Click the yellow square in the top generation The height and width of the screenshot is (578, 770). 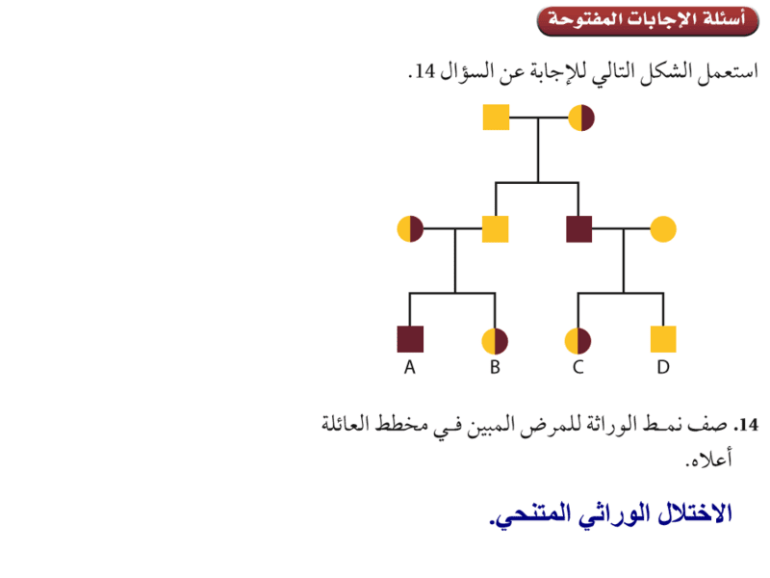point(496,118)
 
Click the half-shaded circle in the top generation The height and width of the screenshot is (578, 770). point(581,118)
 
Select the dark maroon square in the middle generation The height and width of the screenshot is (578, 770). point(579,229)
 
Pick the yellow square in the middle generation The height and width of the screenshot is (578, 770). point(495,229)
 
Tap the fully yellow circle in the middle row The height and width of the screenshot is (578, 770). point(663,229)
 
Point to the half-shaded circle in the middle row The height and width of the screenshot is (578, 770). point(410,229)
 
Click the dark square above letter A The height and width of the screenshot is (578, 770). point(410,339)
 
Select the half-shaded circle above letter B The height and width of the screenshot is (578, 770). point(495,341)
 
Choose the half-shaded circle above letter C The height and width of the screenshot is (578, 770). point(578,341)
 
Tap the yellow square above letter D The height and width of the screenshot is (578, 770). point(663,339)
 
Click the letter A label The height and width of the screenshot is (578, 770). point(410,367)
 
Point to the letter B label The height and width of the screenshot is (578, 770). point(495,367)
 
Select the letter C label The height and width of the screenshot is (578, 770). point(578,367)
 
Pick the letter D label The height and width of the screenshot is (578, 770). point(663,367)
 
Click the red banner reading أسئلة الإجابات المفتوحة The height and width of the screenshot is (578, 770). point(648,21)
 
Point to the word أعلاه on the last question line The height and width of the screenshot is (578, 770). point(709,460)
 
